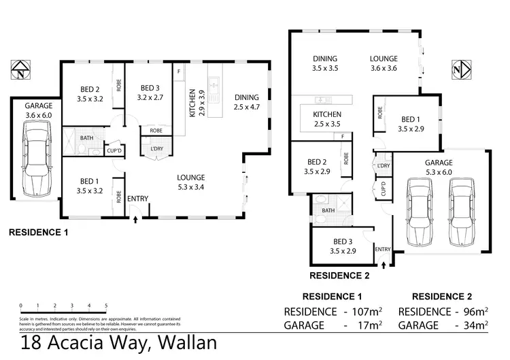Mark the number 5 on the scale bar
click(106, 306)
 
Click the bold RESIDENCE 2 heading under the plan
click(339, 276)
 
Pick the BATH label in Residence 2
click(328, 210)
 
